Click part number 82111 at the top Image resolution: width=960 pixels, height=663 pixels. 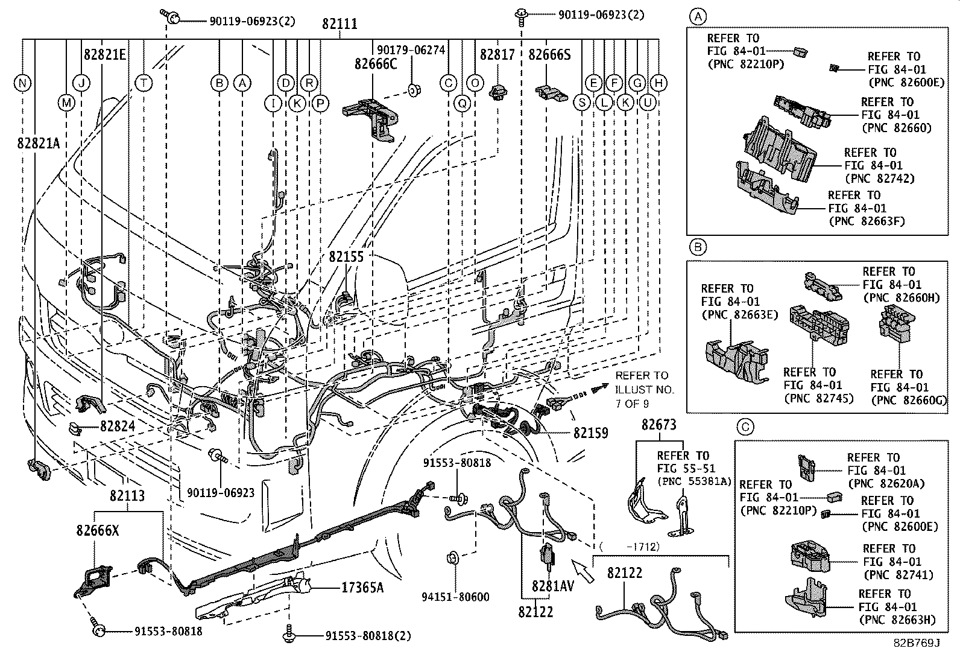click(x=339, y=24)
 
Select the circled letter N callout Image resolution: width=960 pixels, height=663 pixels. click(x=22, y=83)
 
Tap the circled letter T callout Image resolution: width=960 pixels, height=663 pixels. click(x=144, y=83)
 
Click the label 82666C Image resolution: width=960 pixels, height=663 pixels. click(x=376, y=63)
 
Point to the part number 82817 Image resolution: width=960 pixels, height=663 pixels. click(x=497, y=55)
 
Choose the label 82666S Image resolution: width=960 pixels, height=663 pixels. click(x=549, y=55)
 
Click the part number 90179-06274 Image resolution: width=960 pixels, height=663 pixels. click(x=411, y=51)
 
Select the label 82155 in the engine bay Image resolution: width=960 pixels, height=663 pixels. click(x=346, y=257)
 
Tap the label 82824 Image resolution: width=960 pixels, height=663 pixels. click(x=118, y=427)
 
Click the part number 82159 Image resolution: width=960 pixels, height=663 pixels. click(x=590, y=433)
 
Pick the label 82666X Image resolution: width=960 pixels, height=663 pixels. click(x=98, y=531)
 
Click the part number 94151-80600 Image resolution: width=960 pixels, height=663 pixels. click(x=455, y=597)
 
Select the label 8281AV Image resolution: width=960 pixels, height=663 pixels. click(x=553, y=586)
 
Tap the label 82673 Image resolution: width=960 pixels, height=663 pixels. click(x=659, y=425)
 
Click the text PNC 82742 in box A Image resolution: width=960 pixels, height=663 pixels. click(x=880, y=179)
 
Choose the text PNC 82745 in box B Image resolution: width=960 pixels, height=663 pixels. click(x=818, y=398)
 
